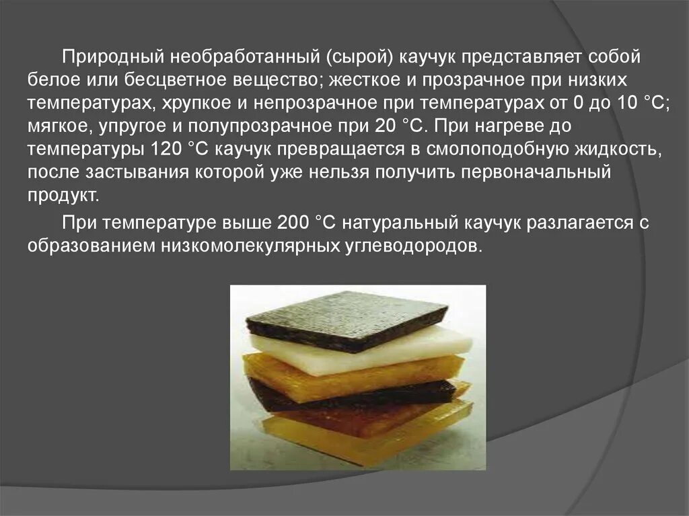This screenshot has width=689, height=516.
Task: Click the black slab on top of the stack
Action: pos(347,319)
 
